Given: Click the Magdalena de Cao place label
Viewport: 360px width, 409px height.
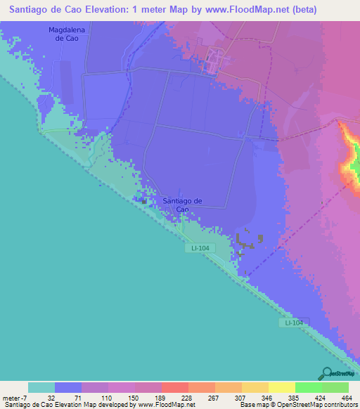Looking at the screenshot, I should pyautogui.click(x=63, y=34).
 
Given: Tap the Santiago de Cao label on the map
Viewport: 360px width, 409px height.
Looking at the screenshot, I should pyautogui.click(x=182, y=204).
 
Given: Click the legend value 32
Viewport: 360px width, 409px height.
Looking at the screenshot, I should pyautogui.click(x=51, y=397).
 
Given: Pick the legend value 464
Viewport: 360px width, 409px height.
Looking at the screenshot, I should pyautogui.click(x=347, y=397).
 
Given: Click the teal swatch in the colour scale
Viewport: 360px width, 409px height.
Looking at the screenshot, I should pyautogui.click(x=41, y=387).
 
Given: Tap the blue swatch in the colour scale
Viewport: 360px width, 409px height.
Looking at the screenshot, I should pyautogui.click(x=68, y=387).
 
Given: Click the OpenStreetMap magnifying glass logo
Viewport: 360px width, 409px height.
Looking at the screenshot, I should pyautogui.click(x=326, y=373).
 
